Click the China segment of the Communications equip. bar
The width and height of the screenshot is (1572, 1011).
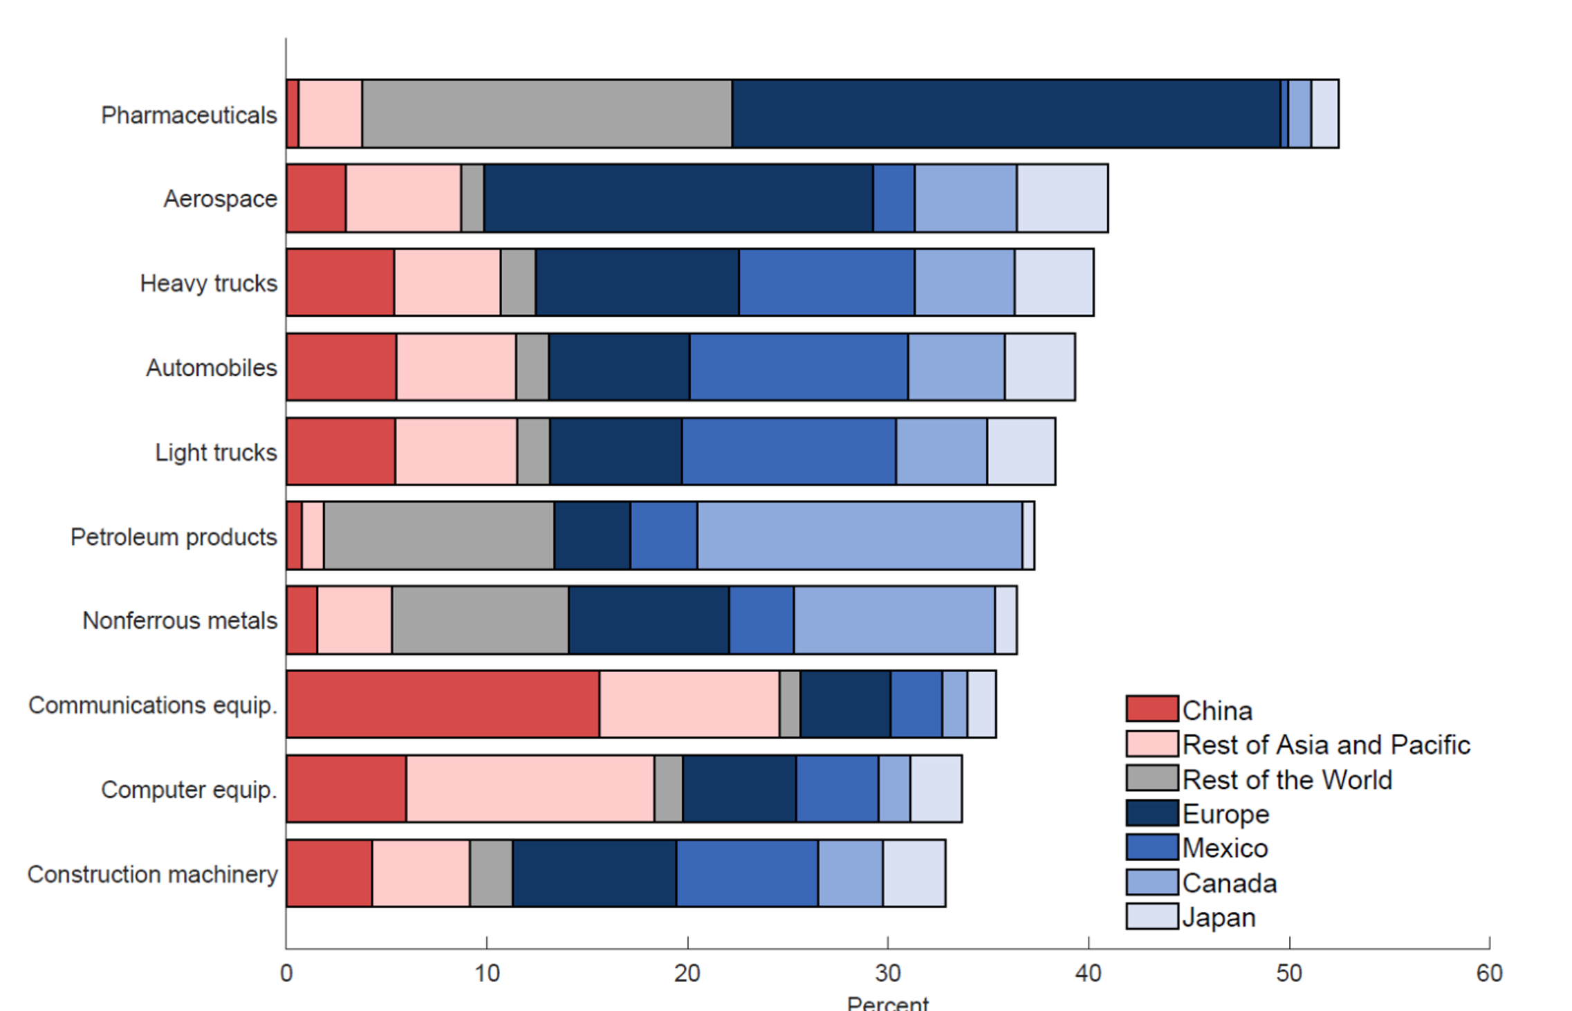[443, 704]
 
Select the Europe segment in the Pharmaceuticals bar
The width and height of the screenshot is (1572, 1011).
[1006, 114]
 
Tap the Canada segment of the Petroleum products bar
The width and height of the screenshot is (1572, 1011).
[859, 536]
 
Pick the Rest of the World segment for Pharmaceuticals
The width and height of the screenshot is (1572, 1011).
[546, 114]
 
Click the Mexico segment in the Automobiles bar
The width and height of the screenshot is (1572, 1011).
[799, 367]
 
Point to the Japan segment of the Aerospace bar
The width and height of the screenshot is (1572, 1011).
[1062, 198]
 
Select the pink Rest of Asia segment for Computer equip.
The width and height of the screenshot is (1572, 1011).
[530, 789]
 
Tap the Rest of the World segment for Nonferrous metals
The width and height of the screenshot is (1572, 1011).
[480, 620]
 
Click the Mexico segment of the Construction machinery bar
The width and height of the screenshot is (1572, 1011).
[747, 873]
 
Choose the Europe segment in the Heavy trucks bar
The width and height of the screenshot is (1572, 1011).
[637, 283]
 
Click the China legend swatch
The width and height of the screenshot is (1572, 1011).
[1152, 709]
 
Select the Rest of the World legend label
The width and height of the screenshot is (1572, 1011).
[1287, 779]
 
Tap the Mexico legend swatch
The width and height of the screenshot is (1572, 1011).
[1152, 848]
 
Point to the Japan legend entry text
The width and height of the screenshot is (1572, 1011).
[1219, 918]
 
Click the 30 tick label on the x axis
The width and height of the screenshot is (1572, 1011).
[887, 974]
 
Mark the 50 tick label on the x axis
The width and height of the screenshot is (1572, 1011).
[1288, 974]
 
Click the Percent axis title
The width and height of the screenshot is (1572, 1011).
[887, 1003]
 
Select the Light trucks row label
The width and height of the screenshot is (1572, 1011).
[216, 452]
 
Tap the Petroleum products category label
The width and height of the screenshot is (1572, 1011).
[174, 537]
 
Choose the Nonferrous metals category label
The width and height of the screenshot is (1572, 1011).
[180, 620]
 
